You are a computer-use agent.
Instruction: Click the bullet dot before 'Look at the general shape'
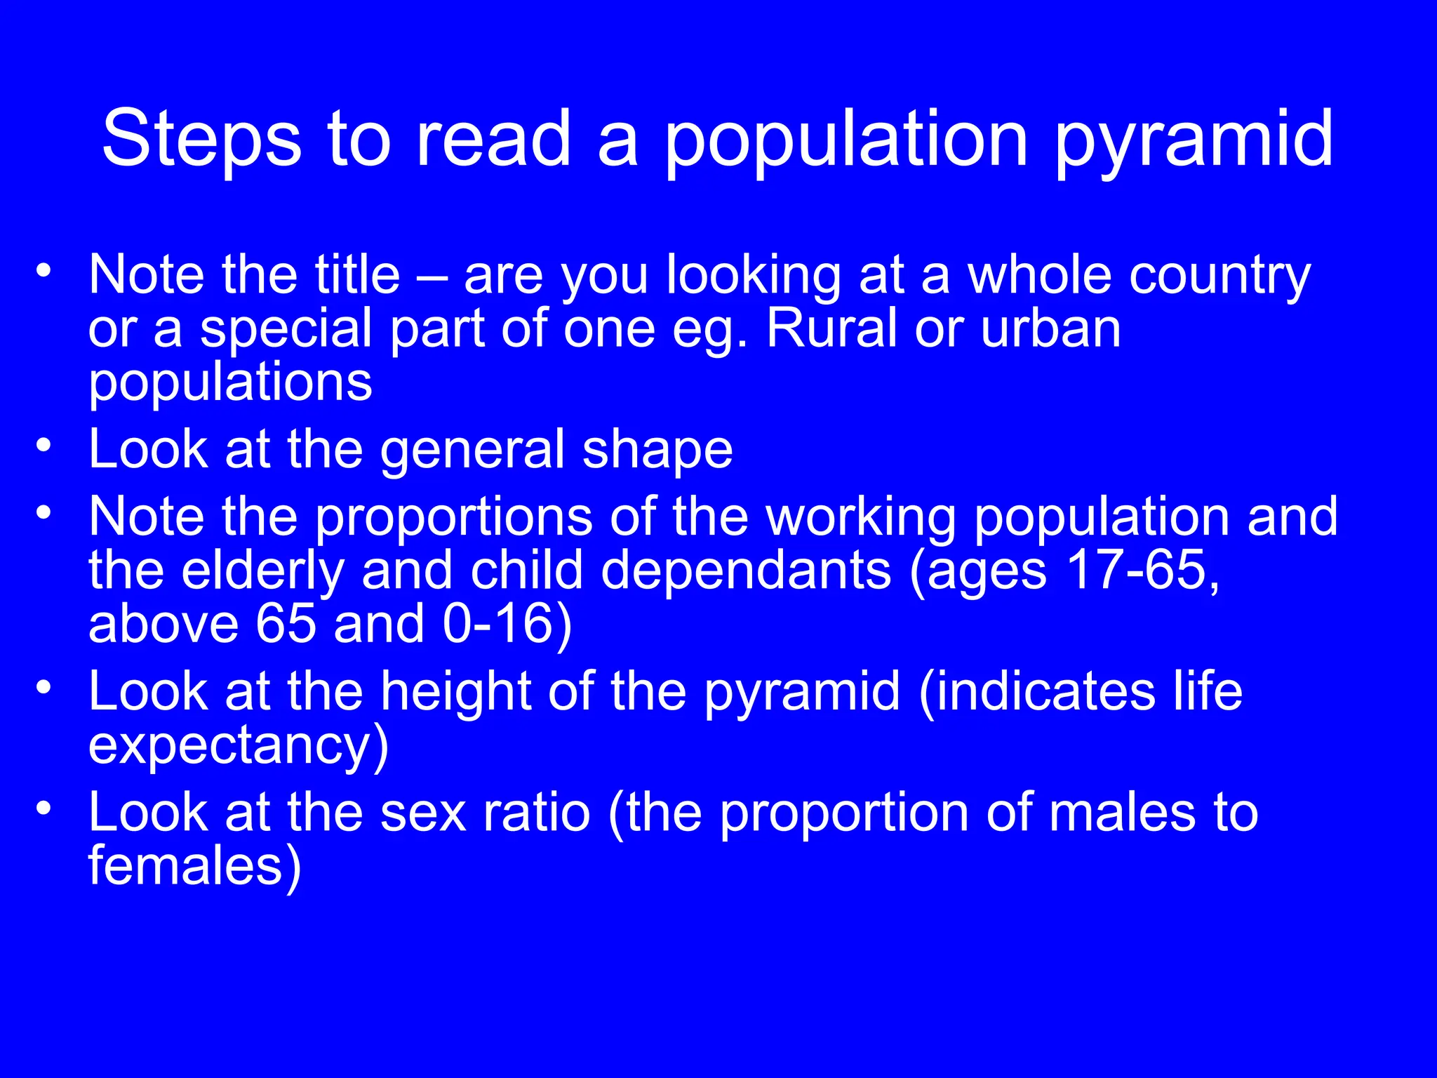pyautogui.click(x=44, y=446)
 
